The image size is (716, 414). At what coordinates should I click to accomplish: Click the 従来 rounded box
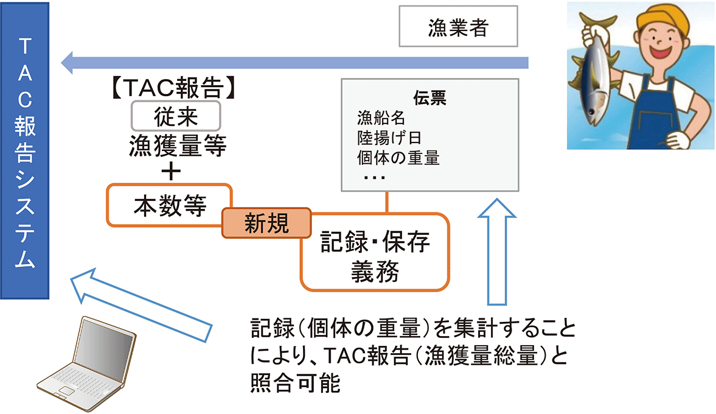click(176, 114)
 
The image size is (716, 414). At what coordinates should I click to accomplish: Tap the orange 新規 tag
click(266, 225)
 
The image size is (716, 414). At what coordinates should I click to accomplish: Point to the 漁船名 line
click(381, 117)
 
